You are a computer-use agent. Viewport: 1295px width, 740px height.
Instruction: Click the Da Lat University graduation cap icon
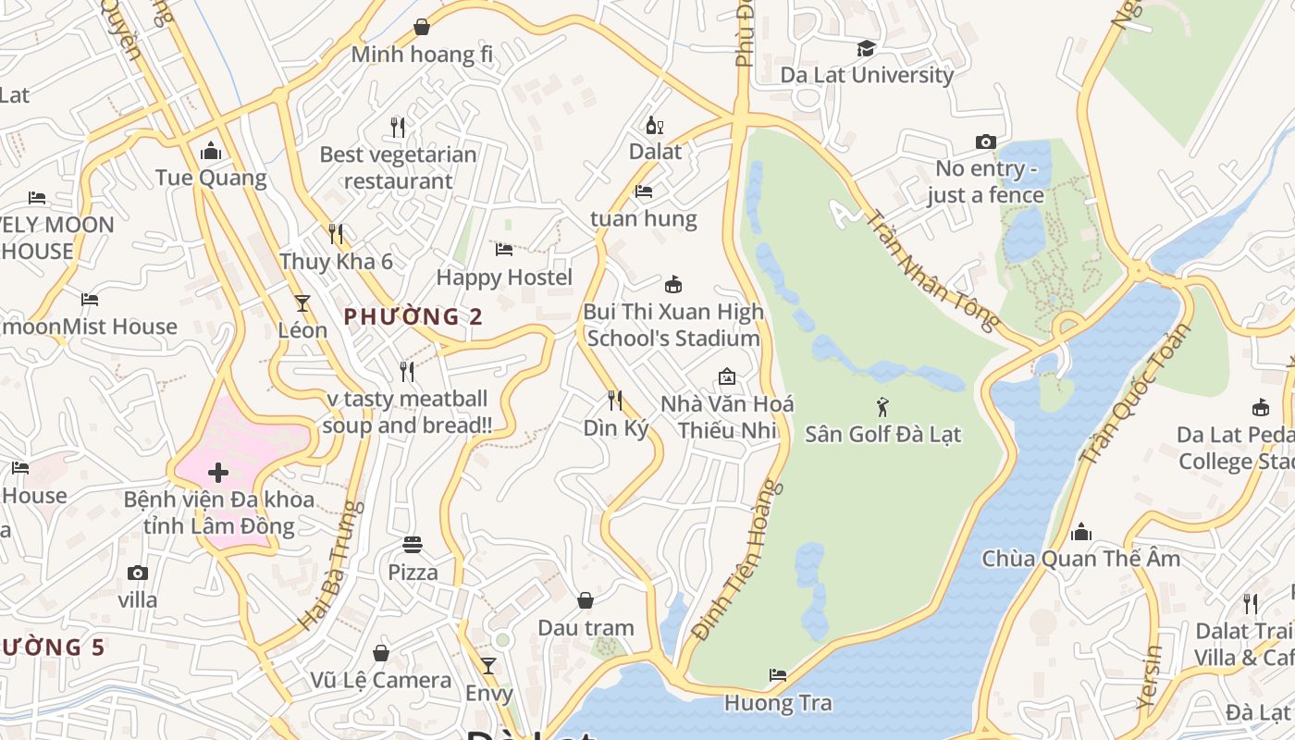[866, 48]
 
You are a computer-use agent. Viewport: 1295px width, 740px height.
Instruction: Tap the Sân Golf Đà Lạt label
[882, 434]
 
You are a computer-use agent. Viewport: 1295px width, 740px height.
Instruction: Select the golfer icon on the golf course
[882, 406]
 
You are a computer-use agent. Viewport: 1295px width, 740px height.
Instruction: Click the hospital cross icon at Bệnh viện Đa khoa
[218, 474]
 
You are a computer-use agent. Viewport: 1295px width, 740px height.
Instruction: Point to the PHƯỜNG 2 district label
[413, 316]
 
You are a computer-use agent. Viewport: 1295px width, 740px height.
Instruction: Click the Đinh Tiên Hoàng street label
[738, 560]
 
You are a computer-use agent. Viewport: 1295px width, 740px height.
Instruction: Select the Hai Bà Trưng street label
[328, 566]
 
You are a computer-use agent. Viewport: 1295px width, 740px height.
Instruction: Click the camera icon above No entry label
[986, 142]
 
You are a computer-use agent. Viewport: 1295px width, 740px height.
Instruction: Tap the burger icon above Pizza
[413, 545]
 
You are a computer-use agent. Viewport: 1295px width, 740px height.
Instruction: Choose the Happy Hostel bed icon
[504, 250]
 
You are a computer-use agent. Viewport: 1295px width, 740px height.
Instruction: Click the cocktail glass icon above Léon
[302, 302]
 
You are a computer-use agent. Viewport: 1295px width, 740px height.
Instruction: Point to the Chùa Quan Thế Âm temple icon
[1080, 532]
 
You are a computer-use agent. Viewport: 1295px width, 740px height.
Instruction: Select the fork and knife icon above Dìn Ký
[615, 401]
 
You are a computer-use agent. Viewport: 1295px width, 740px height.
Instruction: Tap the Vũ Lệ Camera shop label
[381, 681]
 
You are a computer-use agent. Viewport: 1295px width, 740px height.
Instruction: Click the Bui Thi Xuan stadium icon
[673, 284]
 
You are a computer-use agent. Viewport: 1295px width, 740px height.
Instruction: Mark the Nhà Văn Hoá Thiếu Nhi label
[727, 417]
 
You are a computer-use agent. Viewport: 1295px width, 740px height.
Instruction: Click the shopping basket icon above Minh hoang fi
[422, 27]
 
